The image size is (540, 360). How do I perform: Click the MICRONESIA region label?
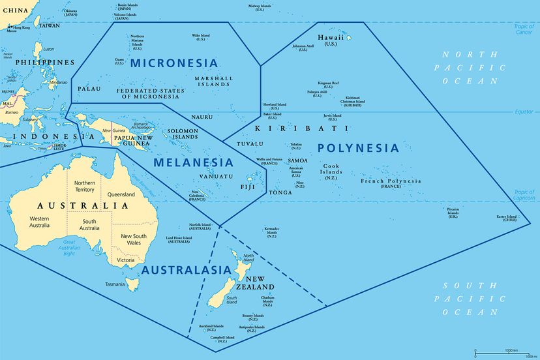pyautogui.click(x=173, y=63)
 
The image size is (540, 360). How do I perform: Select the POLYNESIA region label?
pyautogui.click(x=358, y=148)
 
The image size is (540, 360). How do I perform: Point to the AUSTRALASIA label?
pyautogui.click(x=187, y=270)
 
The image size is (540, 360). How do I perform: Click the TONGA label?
pyautogui.click(x=280, y=193)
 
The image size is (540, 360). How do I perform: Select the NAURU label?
pyautogui.click(x=202, y=117)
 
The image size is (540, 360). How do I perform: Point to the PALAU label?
pyautogui.click(x=89, y=88)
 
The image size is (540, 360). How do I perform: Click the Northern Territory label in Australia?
pyautogui.click(x=84, y=186)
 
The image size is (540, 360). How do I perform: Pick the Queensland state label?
pyautogui.click(x=121, y=194)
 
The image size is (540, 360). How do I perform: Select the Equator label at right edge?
pyautogui.click(x=524, y=111)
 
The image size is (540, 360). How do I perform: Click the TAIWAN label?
pyautogui.click(x=50, y=25)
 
